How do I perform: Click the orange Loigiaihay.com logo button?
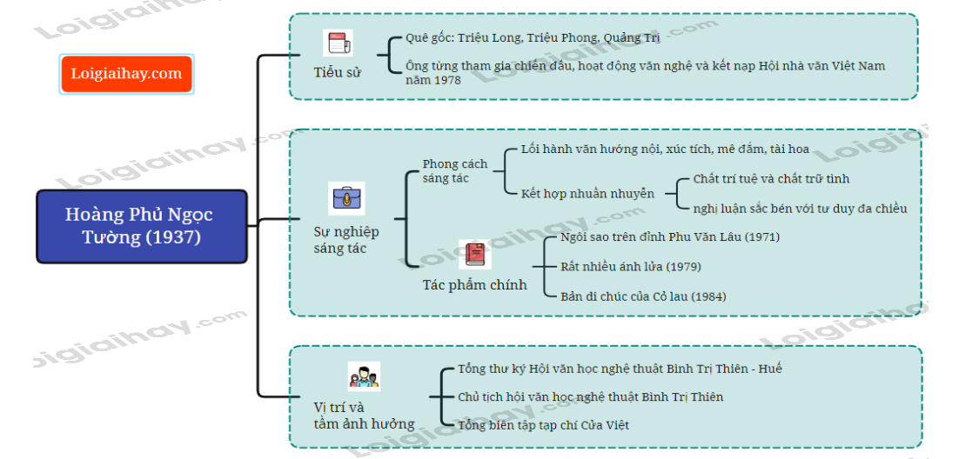(126, 74)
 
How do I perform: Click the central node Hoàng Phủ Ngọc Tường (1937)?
(139, 226)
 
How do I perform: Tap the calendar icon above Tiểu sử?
(337, 43)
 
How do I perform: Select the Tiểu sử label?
(337, 72)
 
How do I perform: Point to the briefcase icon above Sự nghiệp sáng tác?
(345, 199)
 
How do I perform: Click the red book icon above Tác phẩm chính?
(474, 255)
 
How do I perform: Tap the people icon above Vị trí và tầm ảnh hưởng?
(364, 377)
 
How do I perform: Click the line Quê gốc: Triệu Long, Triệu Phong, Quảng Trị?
(533, 38)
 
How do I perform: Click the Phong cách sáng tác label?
(454, 170)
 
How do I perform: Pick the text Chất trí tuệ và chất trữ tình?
(771, 179)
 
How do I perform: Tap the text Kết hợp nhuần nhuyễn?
(587, 193)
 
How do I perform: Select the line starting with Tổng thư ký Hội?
(620, 369)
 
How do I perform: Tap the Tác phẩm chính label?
(474, 284)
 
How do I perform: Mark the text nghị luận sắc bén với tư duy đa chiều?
(800, 208)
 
